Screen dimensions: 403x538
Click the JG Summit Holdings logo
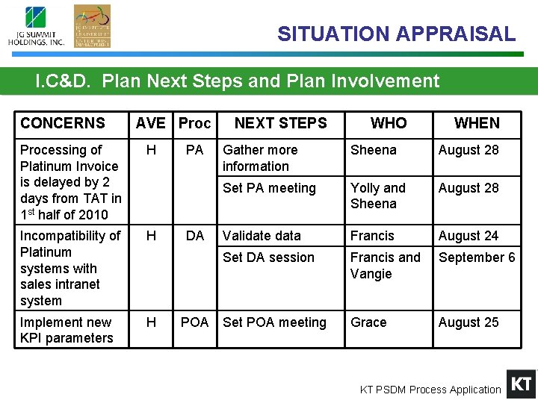pos(36,26)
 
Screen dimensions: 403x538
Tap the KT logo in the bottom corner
pos(521,384)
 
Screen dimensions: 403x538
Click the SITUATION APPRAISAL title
pos(396,34)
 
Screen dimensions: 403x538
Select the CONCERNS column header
pos(63,123)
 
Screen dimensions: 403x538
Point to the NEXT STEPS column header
pos(280,123)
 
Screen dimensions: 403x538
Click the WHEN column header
pos(477,123)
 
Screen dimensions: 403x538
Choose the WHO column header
pos(389,123)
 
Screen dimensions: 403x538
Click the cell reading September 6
pos(477,257)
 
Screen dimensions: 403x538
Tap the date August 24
pos(469,236)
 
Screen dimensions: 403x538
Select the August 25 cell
pos(469,322)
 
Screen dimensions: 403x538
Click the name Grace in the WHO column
pos(368,322)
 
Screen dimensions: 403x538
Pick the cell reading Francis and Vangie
pos(385,266)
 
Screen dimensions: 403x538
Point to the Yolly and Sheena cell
pos(378,196)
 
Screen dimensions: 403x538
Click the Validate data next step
pos(262,236)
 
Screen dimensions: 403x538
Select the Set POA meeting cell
pos(274,322)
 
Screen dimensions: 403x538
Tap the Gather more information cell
pos(260,158)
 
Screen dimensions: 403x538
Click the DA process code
pos(194,236)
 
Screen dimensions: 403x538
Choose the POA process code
pos(194,322)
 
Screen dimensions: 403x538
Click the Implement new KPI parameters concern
pos(67,330)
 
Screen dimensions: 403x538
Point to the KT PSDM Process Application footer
pos(430,390)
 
